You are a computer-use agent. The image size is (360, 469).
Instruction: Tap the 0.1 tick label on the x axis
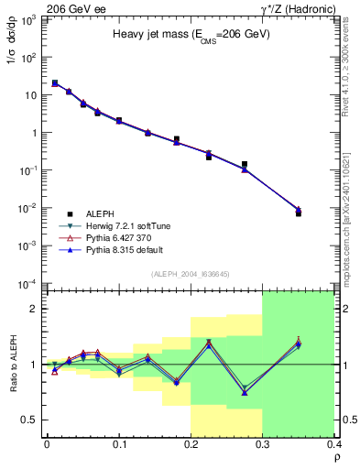pos(119,444)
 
